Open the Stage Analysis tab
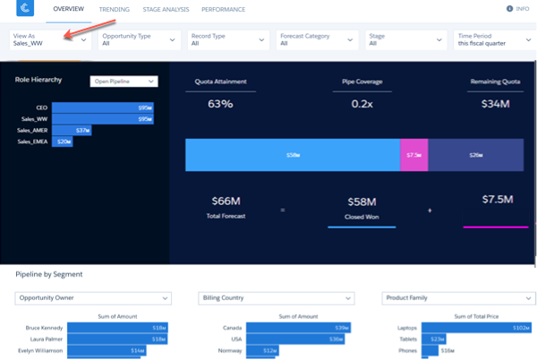tap(166, 9)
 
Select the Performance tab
tap(224, 9)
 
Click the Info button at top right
tap(518, 9)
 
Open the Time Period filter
tap(494, 39)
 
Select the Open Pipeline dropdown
tap(124, 81)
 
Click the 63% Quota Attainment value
tap(220, 105)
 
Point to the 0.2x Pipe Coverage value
tap(362, 105)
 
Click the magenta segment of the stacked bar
tap(413, 155)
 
